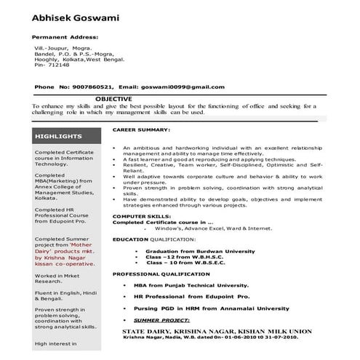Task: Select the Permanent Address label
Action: click(x=65, y=36)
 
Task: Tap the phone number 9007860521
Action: click(x=91, y=87)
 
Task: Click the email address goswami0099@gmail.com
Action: click(x=183, y=87)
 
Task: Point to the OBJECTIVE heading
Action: click(x=114, y=98)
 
